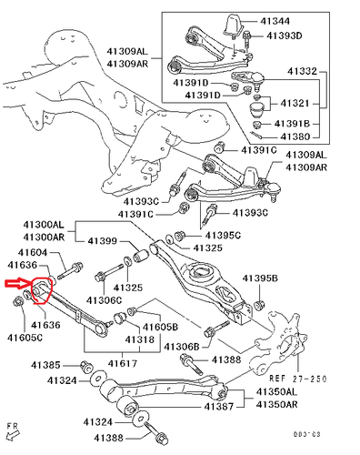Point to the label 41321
(295, 104)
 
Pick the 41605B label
(160, 327)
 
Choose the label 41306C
(104, 300)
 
